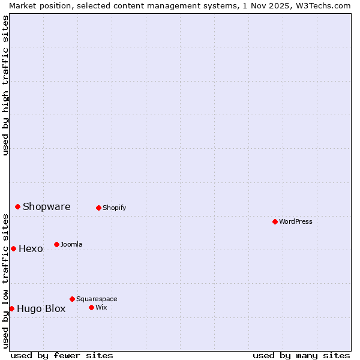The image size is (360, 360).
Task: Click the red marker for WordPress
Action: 275,221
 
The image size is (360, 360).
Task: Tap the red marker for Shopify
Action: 99,208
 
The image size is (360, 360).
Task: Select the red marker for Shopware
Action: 18,206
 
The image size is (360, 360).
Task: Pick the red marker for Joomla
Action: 57,244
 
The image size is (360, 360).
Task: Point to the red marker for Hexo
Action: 14,248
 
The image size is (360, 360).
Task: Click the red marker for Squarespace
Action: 73,299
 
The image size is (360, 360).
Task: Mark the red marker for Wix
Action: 92,307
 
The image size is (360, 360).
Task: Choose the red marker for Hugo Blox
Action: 12,308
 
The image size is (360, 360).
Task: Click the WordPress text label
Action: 296,221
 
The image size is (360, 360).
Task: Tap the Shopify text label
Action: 114,208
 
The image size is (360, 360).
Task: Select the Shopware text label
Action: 47,206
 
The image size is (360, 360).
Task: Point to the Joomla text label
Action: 71,244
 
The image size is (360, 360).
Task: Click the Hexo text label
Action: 31,248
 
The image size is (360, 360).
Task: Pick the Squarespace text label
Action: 97,299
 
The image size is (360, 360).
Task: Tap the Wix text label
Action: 101,307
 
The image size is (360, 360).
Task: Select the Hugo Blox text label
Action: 41,309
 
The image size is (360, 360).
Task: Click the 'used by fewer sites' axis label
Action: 62,355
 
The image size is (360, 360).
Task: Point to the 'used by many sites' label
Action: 301,355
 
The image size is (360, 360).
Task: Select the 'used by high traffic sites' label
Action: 5,85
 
